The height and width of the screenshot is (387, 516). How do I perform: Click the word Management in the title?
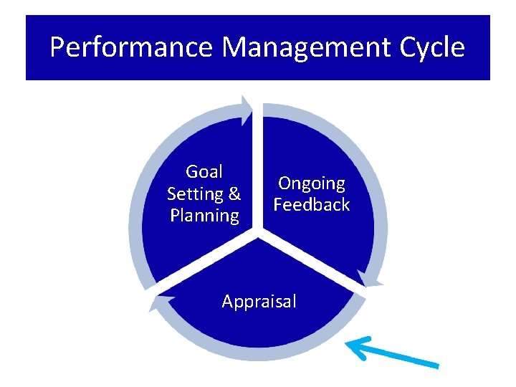point(303,47)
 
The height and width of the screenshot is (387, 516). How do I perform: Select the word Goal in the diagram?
point(204,172)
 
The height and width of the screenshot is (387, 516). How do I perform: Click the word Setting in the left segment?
point(193,193)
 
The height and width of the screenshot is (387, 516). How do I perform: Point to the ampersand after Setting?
point(234,193)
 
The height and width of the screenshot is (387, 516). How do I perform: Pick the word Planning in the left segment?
point(204,215)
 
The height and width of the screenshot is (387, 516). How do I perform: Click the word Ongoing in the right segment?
point(312,183)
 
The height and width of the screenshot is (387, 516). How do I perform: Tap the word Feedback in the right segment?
point(312,205)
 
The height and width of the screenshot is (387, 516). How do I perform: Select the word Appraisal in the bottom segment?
point(259,302)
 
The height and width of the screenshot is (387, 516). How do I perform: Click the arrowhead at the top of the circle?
point(247,110)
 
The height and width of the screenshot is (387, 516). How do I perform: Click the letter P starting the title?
point(58,47)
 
